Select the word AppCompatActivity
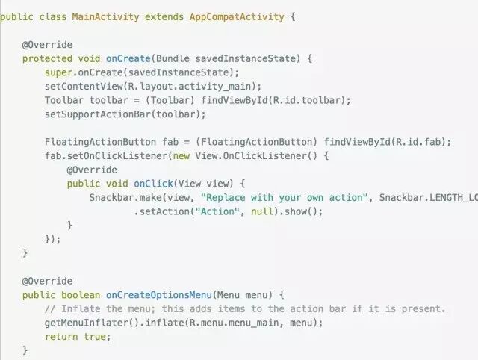237,16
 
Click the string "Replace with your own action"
287,198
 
